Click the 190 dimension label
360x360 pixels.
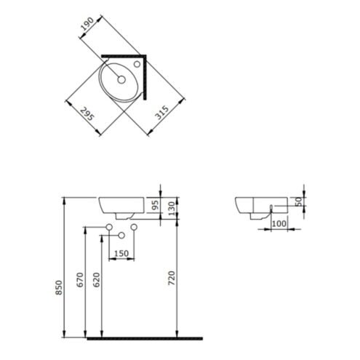[x=87, y=23]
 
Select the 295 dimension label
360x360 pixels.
[x=87, y=114]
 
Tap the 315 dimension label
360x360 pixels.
[x=162, y=113]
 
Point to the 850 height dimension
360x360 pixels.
[x=59, y=287]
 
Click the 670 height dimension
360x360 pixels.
[x=80, y=280]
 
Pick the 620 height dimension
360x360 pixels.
[x=96, y=280]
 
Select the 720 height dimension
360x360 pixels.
[x=172, y=278]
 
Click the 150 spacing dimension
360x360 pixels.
[x=121, y=254]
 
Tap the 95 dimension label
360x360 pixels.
[x=155, y=205]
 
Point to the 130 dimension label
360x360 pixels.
[x=172, y=208]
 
